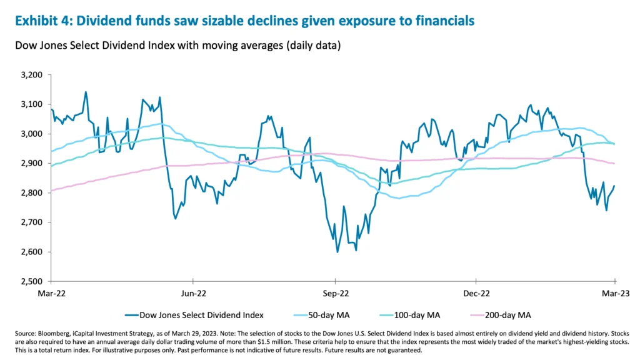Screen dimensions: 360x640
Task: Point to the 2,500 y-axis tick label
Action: click(x=31, y=281)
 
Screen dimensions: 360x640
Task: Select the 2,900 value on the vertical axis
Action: click(x=31, y=163)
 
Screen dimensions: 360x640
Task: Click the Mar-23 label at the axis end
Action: click(x=615, y=292)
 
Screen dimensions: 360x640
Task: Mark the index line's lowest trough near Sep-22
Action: click(x=337, y=252)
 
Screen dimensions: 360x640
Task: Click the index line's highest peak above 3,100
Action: click(x=86, y=92)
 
